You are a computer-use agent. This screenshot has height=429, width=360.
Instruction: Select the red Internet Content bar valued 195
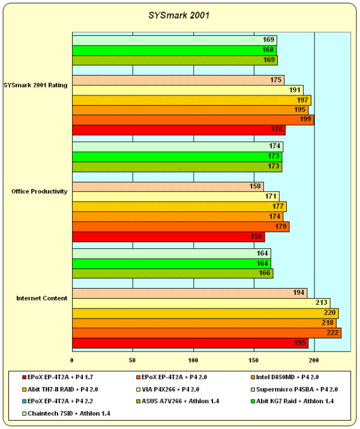[x=190, y=343]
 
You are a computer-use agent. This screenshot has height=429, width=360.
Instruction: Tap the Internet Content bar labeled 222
[x=206, y=333]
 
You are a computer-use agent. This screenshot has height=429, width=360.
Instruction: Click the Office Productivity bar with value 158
[x=167, y=187]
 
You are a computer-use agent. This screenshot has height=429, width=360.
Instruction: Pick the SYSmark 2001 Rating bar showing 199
[x=193, y=120]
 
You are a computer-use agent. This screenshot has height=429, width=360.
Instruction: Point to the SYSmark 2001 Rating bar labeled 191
[x=187, y=90]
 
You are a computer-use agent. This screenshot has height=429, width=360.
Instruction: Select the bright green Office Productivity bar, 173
[x=177, y=157]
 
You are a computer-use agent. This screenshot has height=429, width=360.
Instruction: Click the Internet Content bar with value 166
[x=172, y=274]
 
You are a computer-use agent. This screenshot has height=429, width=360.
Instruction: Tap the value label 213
[x=322, y=303]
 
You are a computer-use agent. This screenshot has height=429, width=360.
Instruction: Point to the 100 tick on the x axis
[x=193, y=360]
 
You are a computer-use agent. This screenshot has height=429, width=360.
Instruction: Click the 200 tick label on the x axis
[x=314, y=360]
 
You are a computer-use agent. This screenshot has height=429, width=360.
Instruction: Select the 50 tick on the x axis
[x=133, y=360]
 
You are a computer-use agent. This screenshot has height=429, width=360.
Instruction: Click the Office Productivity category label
[x=39, y=191]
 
